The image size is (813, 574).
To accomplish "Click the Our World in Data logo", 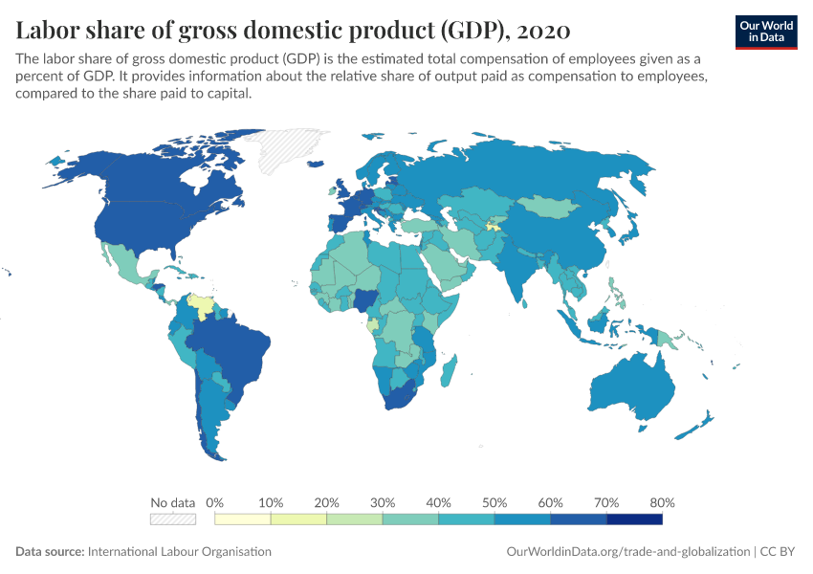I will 766,32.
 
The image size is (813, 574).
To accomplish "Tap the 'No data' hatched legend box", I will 172,519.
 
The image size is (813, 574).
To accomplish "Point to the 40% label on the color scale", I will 438,502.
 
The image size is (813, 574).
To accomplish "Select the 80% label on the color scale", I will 662,502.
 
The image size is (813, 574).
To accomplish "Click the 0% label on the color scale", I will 215,502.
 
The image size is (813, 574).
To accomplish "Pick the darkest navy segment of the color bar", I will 634,519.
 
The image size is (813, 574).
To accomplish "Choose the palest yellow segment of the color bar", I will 243,519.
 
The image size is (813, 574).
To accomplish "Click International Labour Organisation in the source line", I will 179,552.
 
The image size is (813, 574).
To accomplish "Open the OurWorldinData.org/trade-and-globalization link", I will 626,552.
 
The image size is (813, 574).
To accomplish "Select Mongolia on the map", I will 549,206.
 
